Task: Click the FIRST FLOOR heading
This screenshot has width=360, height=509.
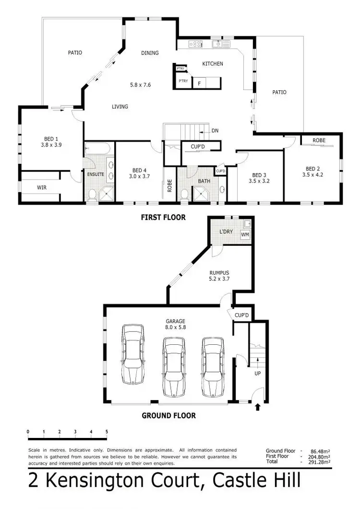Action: coord(163,218)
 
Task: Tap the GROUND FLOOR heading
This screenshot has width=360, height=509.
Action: coord(168,415)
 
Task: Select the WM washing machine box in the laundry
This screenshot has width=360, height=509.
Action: coord(245,234)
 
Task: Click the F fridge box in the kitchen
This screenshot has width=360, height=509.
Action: coord(199,84)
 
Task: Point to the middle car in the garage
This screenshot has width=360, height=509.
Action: coord(173,367)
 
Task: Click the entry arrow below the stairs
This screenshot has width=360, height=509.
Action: coord(257,407)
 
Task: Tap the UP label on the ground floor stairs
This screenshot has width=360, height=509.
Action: coord(257,373)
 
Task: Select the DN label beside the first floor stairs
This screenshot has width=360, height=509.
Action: coord(215,131)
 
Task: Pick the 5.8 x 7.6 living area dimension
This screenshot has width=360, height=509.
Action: coord(140,85)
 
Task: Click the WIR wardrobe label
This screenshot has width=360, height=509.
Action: coord(42,187)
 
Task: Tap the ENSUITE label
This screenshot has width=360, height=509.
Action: coord(96,174)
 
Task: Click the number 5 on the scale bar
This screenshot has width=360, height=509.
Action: coord(106,432)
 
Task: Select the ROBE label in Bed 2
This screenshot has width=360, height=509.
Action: coord(319,140)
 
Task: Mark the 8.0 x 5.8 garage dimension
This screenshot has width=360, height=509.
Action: coord(176,328)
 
